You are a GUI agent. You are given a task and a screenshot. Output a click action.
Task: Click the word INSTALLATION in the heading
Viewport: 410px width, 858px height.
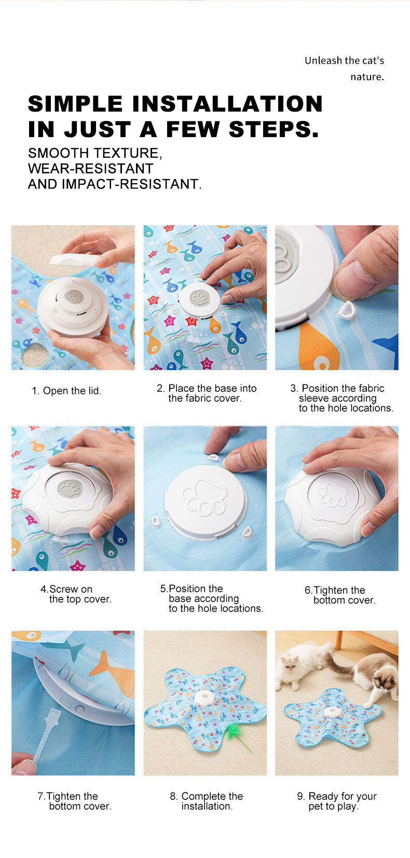pyautogui.click(x=227, y=104)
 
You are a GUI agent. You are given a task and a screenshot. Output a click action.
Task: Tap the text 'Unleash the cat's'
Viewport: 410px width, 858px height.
pyautogui.click(x=344, y=61)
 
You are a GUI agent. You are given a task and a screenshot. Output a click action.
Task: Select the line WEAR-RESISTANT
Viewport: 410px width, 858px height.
pyautogui.click(x=90, y=169)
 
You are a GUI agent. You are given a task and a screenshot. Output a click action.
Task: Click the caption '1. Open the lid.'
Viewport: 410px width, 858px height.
pyautogui.click(x=66, y=391)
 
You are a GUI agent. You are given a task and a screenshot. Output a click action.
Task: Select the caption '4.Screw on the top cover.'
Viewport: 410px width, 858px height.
pyautogui.click(x=76, y=594)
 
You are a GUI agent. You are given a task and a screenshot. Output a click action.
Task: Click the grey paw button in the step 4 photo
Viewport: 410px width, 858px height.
pyautogui.click(x=70, y=488)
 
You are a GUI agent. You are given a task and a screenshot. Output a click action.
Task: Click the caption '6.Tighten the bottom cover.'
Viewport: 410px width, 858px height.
pyautogui.click(x=340, y=595)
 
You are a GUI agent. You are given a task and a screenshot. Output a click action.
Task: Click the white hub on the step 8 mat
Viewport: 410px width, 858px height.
pyautogui.click(x=206, y=698)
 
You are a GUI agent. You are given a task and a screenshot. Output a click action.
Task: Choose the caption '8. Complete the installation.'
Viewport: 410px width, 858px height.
pyautogui.click(x=207, y=801)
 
